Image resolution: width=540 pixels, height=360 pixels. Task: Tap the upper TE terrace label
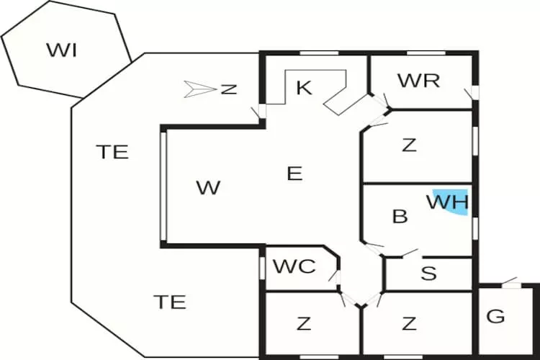coord(112,152)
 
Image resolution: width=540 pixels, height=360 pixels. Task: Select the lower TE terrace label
coord(170,302)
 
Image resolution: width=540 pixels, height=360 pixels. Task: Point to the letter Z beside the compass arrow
coord(229,89)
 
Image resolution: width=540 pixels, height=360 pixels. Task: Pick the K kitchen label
coord(304,88)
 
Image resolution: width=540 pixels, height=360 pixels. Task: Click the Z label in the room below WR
coord(409,145)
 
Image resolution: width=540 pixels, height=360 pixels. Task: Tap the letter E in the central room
coord(294,174)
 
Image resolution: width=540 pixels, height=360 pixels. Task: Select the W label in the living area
coord(208,188)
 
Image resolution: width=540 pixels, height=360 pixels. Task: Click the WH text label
coord(447,201)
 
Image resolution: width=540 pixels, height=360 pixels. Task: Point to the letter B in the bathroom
coord(400,216)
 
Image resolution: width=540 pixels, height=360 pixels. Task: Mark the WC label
coord(294,266)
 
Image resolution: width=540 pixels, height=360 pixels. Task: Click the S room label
coord(428,274)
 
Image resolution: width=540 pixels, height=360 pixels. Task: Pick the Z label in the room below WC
coord(304,324)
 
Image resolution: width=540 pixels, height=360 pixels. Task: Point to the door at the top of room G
coord(510,284)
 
